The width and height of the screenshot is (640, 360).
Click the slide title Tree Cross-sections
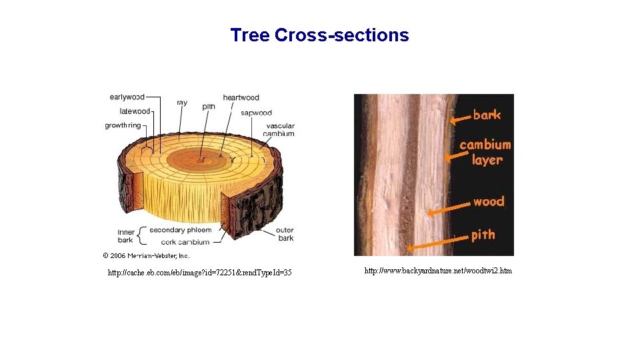point(319,35)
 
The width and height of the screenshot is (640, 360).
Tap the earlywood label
point(127,97)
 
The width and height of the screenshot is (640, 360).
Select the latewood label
point(135,111)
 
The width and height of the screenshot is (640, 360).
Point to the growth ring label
point(123,125)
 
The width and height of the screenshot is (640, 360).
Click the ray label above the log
point(182,103)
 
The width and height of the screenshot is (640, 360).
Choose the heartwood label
point(241,98)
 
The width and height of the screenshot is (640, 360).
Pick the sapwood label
point(256,113)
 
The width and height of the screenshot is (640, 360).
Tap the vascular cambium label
point(280,129)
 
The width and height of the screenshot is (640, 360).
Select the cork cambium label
point(185,241)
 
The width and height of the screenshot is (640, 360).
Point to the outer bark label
point(285,234)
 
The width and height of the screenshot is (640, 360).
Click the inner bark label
point(125,236)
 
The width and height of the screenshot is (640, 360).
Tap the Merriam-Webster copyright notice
point(146,255)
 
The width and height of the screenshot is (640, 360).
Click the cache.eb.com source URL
point(199,273)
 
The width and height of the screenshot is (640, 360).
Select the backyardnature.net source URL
point(438,271)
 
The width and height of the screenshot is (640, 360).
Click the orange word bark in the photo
point(487,115)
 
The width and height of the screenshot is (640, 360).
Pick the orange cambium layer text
point(485,152)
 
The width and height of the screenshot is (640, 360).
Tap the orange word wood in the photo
point(489,201)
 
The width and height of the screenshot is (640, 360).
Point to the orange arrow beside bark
point(459,119)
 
